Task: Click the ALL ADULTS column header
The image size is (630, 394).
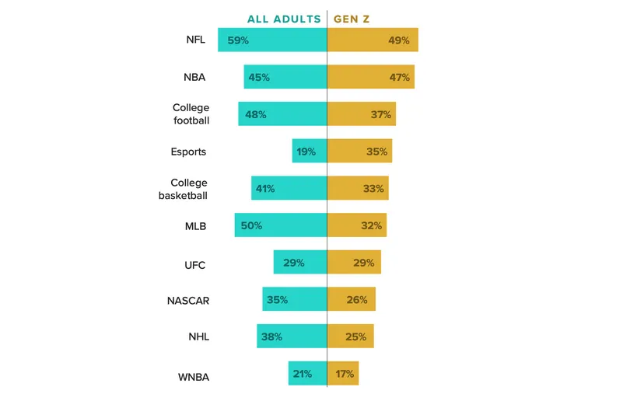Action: pyautogui.click(x=284, y=19)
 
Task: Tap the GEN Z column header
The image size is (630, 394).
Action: pyautogui.click(x=352, y=19)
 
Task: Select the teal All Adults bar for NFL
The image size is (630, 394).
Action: pyautogui.click(x=272, y=40)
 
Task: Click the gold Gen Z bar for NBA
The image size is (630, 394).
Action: pyautogui.click(x=370, y=77)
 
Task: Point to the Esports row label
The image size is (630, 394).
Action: pyautogui.click(x=188, y=152)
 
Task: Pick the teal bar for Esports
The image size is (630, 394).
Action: pyautogui.click(x=310, y=152)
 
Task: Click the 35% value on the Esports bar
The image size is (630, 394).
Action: pyautogui.click(x=376, y=152)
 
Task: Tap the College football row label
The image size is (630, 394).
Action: pyautogui.click(x=191, y=114)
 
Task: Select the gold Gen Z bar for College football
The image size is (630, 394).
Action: pyautogui.click(x=361, y=114)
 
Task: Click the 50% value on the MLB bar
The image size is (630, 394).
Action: pyautogui.click(x=251, y=225)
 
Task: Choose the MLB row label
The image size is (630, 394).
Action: pyautogui.click(x=195, y=226)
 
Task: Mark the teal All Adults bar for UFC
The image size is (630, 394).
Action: pyautogui.click(x=300, y=263)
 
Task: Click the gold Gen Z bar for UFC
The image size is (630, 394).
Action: pyautogui.click(x=354, y=263)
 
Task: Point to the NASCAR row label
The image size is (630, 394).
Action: pyautogui.click(x=188, y=300)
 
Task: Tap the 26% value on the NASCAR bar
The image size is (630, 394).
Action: pyautogui.click(x=357, y=299)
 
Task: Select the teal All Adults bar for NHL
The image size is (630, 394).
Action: pyautogui.click(x=292, y=336)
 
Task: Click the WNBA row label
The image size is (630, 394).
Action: pyautogui.click(x=194, y=378)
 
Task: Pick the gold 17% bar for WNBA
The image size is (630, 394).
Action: pyautogui.click(x=343, y=374)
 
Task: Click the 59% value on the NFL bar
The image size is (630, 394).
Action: pyautogui.click(x=238, y=40)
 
